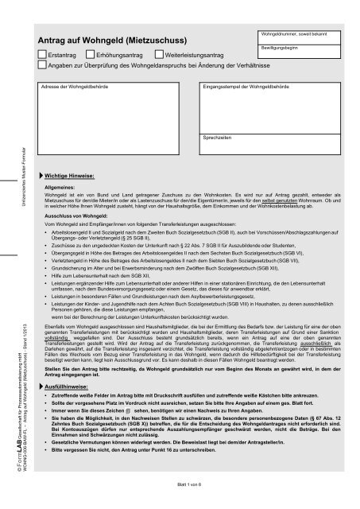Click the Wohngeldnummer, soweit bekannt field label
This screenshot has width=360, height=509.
pyautogui.click(x=288, y=33)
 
